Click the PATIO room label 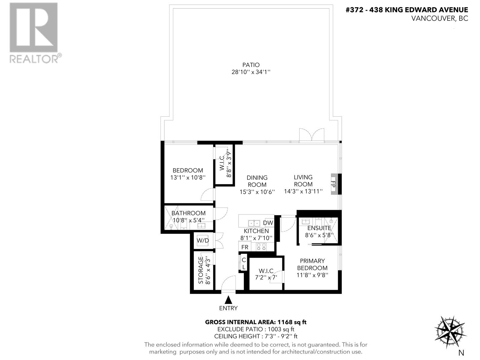pos(251,65)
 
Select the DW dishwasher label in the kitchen pos(268,223)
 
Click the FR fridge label pos(245,247)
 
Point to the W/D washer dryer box pos(203,241)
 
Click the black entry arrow pos(229,300)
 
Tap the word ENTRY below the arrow pos(228,308)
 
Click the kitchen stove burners pos(261,247)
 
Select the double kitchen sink pos(254,223)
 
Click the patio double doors pos(312,135)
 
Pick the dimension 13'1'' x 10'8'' pos(188,177)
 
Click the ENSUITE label pos(319,228)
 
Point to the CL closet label pos(244,263)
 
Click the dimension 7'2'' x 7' pos(265,277)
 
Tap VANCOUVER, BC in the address pos(439,18)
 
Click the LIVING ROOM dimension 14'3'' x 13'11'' pos(303,191)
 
